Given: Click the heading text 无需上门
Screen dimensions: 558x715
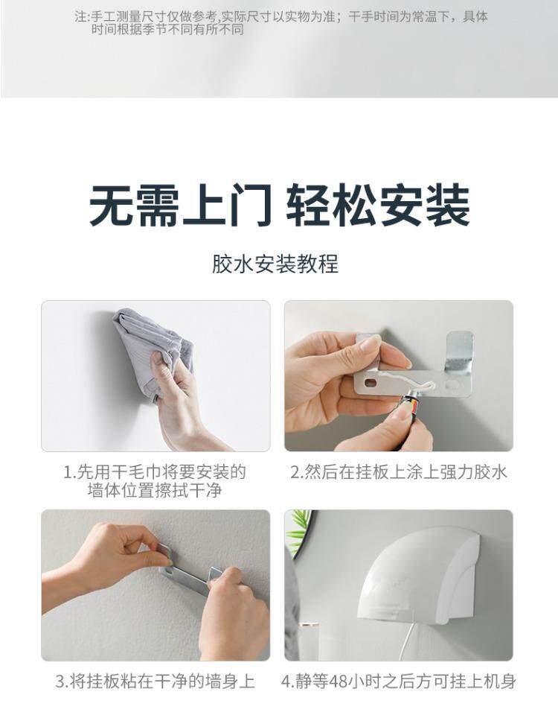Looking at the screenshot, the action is click(x=180, y=206).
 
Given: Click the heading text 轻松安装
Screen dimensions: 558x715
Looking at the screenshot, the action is click(x=378, y=206).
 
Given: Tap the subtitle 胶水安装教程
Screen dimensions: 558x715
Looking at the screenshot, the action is click(x=275, y=264).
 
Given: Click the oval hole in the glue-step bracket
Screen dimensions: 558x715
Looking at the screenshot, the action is click(x=371, y=382).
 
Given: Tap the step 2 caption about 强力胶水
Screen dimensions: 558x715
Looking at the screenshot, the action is click(x=399, y=472).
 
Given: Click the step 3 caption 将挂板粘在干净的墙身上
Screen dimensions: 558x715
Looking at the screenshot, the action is click(x=155, y=681).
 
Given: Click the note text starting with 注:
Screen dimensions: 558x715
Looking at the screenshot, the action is click(x=280, y=23).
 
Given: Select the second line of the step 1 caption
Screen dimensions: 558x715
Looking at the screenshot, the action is click(x=155, y=491).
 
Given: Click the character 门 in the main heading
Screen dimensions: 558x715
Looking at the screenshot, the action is click(x=250, y=206).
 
